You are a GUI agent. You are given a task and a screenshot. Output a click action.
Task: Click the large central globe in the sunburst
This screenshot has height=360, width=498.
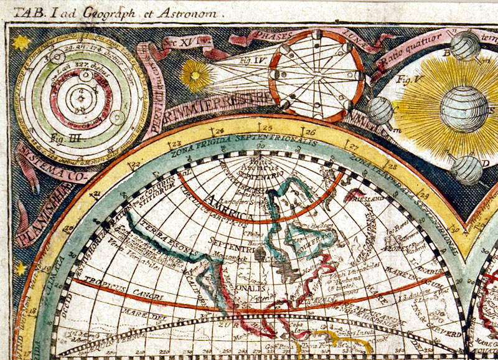[x=464, y=110]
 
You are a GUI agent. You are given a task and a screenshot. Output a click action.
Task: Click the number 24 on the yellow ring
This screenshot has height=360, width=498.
[x=218, y=131]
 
